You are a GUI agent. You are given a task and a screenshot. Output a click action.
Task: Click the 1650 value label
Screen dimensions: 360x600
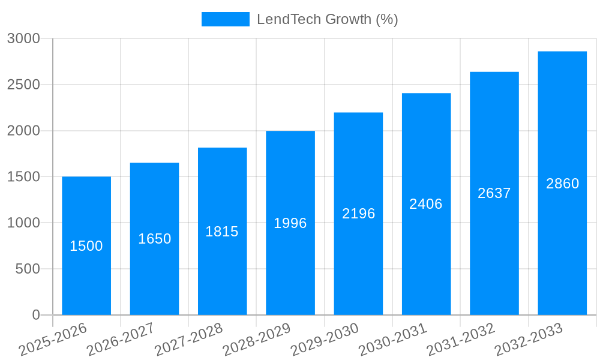tap(154, 239)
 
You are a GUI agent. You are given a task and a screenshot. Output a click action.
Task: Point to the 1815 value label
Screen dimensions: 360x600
tap(222, 232)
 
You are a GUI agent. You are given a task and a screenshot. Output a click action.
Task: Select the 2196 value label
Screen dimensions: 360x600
tap(358, 214)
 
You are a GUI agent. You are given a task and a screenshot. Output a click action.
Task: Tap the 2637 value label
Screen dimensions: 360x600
tap(494, 193)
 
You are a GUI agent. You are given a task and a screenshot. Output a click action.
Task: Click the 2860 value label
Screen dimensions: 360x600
tap(562, 184)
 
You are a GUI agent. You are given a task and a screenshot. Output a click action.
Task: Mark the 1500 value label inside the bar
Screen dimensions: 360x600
tap(86, 246)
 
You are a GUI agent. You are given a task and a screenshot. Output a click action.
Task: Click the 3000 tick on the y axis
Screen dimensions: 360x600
tap(24, 38)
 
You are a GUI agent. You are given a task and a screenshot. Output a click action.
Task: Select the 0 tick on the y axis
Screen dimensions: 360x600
tap(36, 315)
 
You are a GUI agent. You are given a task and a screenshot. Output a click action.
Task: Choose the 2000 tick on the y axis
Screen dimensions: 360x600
tap(24, 131)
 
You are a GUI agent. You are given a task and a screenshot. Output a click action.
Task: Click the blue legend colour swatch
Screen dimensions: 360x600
tap(225, 19)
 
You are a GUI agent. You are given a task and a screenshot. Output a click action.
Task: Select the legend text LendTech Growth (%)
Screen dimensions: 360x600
tap(327, 19)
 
